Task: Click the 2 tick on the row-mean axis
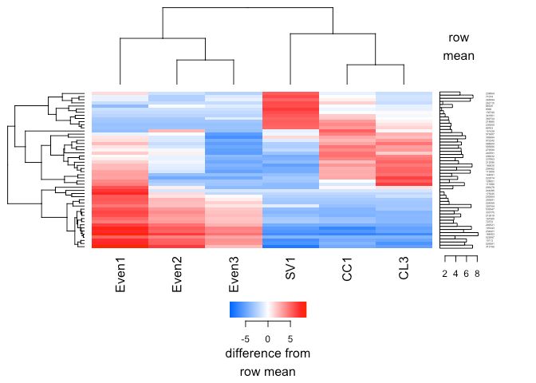445,274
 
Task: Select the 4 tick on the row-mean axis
455,274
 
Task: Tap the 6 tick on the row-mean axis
467,274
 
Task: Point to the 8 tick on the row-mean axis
477,274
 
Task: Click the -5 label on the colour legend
245,338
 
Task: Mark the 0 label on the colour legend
268,338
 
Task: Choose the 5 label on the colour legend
290,338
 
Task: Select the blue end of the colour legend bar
233,310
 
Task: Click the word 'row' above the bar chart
459,37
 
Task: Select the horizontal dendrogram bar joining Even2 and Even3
205,60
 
